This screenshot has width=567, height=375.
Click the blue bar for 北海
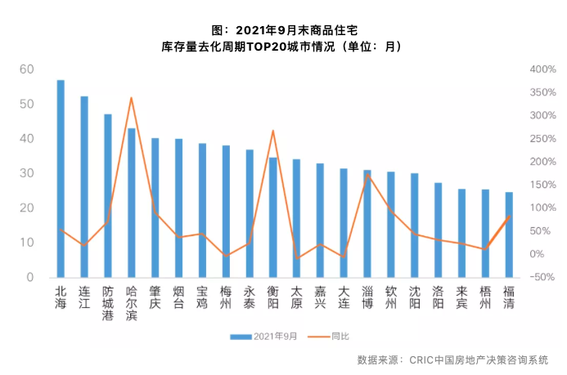[61, 179]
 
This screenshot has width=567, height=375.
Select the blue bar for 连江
[84, 187]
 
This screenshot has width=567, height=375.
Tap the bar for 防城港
[108, 196]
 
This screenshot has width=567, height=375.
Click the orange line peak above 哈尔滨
[131, 97]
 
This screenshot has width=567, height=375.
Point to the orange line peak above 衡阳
[273, 131]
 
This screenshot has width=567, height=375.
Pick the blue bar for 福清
[509, 235]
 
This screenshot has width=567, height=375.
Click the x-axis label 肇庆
[155, 297]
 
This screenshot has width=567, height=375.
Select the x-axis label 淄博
[367, 297]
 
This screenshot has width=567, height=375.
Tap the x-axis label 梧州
[485, 297]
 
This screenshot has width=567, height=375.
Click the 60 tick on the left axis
[27, 69]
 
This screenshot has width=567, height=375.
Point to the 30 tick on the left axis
[27, 173]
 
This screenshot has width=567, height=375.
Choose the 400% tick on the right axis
[542, 69]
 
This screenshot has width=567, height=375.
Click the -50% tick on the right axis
[542, 277]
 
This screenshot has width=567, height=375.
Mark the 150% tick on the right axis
[542, 185]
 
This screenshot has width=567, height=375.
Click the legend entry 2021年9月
[263, 337]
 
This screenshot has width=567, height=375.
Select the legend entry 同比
[328, 337]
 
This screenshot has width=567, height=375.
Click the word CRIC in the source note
[421, 359]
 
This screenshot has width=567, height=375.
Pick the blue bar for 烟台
[178, 208]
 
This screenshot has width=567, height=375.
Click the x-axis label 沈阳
[414, 297]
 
